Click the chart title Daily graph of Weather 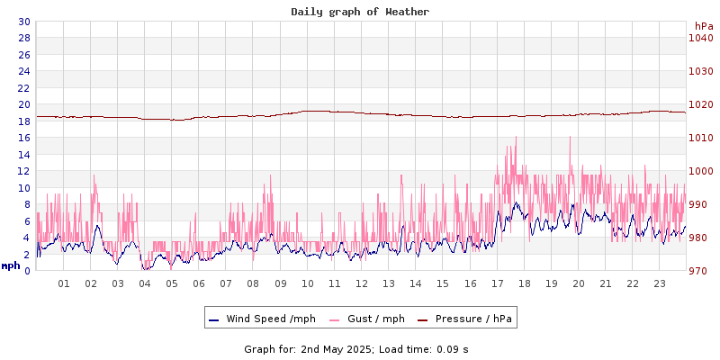[360, 12]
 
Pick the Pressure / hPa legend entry [472, 319]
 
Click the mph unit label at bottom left [11, 265]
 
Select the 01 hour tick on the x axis [64, 283]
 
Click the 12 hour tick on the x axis [362, 283]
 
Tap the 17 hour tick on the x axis [497, 283]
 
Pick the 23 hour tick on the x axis [660, 283]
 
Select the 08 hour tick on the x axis [253, 283]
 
